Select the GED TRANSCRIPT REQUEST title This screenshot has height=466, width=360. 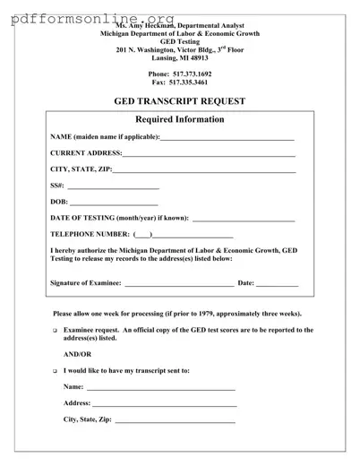click(180, 101)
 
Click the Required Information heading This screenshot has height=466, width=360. click(179, 120)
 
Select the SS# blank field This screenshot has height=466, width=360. click(113, 188)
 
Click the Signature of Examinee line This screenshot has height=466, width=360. click(178, 284)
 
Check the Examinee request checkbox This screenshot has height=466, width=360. click(55, 331)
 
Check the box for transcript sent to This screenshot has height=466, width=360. click(55, 370)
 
